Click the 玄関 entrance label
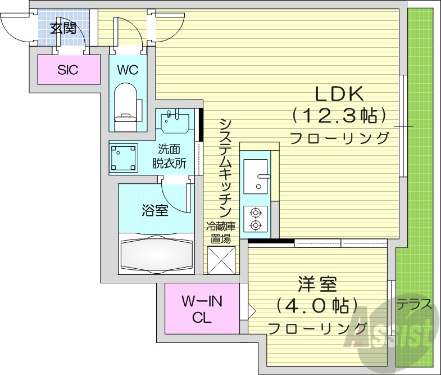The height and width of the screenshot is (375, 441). click(63, 28)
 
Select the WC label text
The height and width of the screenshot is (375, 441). click(127, 70)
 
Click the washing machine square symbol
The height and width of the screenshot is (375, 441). click(124, 158)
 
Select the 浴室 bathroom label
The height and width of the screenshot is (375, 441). click(154, 211)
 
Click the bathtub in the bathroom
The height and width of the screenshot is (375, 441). click(156, 255)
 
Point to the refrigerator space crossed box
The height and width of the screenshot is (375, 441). click(220, 260)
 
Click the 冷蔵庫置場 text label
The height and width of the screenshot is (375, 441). click(220, 232)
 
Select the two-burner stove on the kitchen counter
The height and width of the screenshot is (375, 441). click(256, 218)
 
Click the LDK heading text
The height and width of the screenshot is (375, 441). click(339, 93)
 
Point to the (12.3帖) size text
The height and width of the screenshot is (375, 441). click(339, 116)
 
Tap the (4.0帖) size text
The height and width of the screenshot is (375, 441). click(317, 306)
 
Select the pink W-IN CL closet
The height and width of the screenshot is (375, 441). click(202, 309)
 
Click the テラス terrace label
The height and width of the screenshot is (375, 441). click(415, 305)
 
